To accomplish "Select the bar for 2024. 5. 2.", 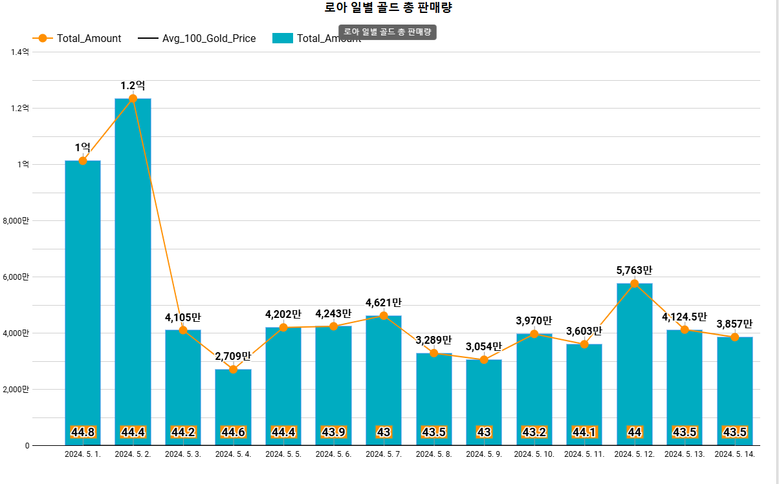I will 133,271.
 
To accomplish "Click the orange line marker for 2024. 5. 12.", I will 634,284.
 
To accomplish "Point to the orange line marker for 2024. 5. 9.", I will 484,359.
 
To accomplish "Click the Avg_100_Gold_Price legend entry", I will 197,38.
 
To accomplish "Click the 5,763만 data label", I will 634,270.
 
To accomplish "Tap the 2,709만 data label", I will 233,356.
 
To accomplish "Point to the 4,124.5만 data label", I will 684,317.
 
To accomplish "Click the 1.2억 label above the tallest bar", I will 133,85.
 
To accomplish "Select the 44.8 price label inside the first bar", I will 83,432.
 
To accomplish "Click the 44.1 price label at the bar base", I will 584,432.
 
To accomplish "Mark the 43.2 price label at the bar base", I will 534,432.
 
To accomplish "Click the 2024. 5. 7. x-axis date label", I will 384,454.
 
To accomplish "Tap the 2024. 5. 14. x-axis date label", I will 734,454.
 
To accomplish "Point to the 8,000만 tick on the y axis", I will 16,221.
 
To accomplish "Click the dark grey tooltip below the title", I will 387,32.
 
